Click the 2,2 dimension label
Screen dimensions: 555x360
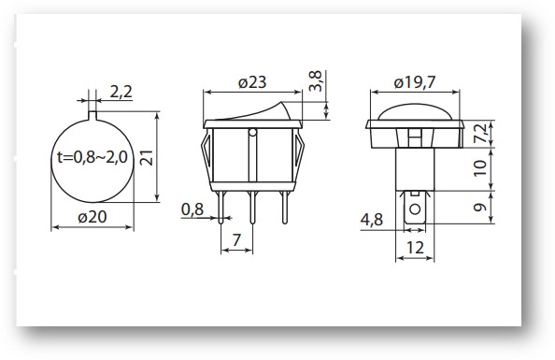121,92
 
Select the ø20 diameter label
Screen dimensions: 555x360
92,217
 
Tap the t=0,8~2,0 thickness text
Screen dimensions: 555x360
92,157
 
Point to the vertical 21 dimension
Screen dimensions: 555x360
147,158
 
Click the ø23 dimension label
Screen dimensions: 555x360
252,82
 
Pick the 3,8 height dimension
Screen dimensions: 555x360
316,81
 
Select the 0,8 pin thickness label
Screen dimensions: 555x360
192,209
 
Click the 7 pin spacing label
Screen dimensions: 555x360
236,240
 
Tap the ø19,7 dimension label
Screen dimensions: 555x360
415,82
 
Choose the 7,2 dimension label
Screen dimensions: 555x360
480,133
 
